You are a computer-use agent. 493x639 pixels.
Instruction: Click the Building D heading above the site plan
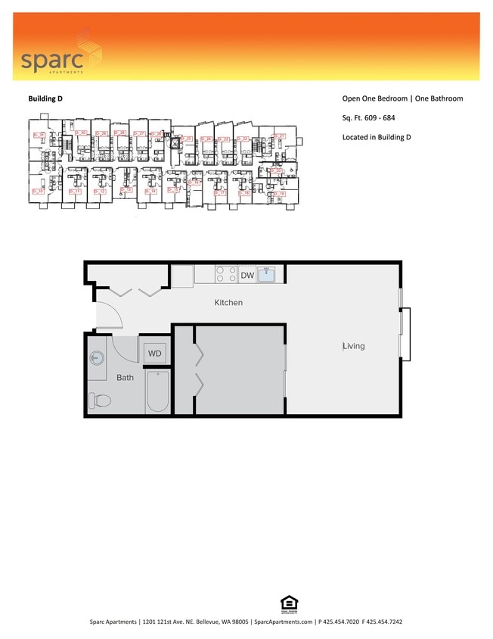click(x=49, y=98)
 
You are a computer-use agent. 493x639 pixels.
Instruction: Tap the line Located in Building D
click(x=377, y=137)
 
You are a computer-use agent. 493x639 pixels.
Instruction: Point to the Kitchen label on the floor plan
click(x=228, y=303)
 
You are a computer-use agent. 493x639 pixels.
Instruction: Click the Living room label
click(x=353, y=346)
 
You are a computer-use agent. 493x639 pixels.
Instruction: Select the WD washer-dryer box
click(x=154, y=354)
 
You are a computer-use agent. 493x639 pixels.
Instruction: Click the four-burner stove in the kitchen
click(x=225, y=274)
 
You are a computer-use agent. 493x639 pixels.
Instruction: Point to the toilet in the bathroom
click(x=100, y=400)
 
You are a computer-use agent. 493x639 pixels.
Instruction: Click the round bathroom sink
click(x=96, y=359)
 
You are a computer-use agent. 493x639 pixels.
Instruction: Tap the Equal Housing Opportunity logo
click(x=287, y=603)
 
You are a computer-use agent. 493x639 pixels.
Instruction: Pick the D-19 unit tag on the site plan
click(x=278, y=195)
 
